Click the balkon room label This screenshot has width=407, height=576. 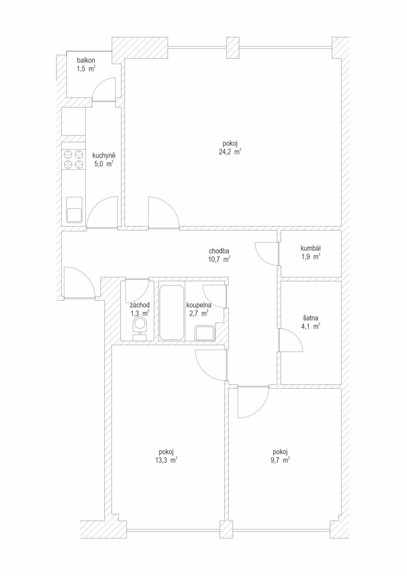click(86, 60)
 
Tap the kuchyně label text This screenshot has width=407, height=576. click(104, 156)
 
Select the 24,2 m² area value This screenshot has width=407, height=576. click(230, 152)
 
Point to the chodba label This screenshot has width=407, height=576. click(219, 251)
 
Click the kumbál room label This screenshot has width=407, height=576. click(311, 248)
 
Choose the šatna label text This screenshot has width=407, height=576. click(311, 318)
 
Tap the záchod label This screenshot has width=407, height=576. click(140, 305)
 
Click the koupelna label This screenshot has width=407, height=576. click(199, 305)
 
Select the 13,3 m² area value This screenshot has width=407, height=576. click(166, 460)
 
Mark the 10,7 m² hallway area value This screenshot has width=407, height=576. click(219, 259)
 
